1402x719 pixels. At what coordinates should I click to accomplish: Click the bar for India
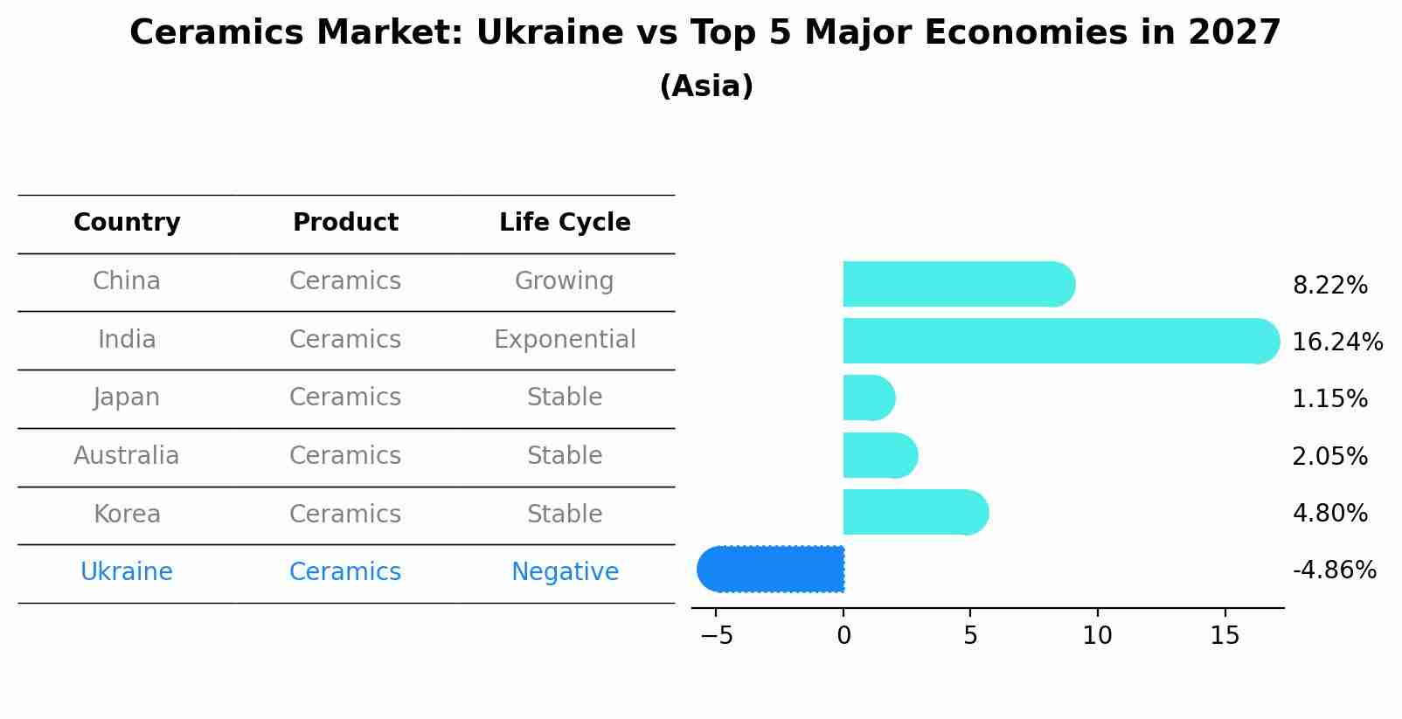click(1049, 341)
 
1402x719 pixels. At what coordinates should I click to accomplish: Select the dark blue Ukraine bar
click(774, 570)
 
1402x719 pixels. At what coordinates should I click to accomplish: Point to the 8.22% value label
click(1329, 286)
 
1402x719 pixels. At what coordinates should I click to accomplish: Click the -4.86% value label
click(1334, 570)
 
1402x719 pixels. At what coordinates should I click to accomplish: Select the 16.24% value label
click(1336, 342)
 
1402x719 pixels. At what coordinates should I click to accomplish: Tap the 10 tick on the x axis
click(1097, 636)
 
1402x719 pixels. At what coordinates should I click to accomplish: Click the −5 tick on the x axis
click(716, 636)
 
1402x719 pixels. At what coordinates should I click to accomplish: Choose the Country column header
click(127, 223)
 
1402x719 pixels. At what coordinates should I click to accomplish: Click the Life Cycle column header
click(565, 223)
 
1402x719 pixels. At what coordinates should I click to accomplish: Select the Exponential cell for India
click(565, 339)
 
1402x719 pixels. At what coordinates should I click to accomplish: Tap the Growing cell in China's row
click(564, 281)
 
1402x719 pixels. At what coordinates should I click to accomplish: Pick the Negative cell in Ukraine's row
click(565, 572)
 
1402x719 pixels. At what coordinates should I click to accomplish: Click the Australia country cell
click(127, 456)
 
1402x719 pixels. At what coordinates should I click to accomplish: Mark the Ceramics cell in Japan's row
click(345, 398)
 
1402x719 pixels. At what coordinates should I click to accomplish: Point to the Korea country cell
click(127, 514)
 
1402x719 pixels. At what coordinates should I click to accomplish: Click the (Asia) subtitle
click(706, 86)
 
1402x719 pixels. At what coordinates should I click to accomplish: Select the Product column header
click(345, 223)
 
